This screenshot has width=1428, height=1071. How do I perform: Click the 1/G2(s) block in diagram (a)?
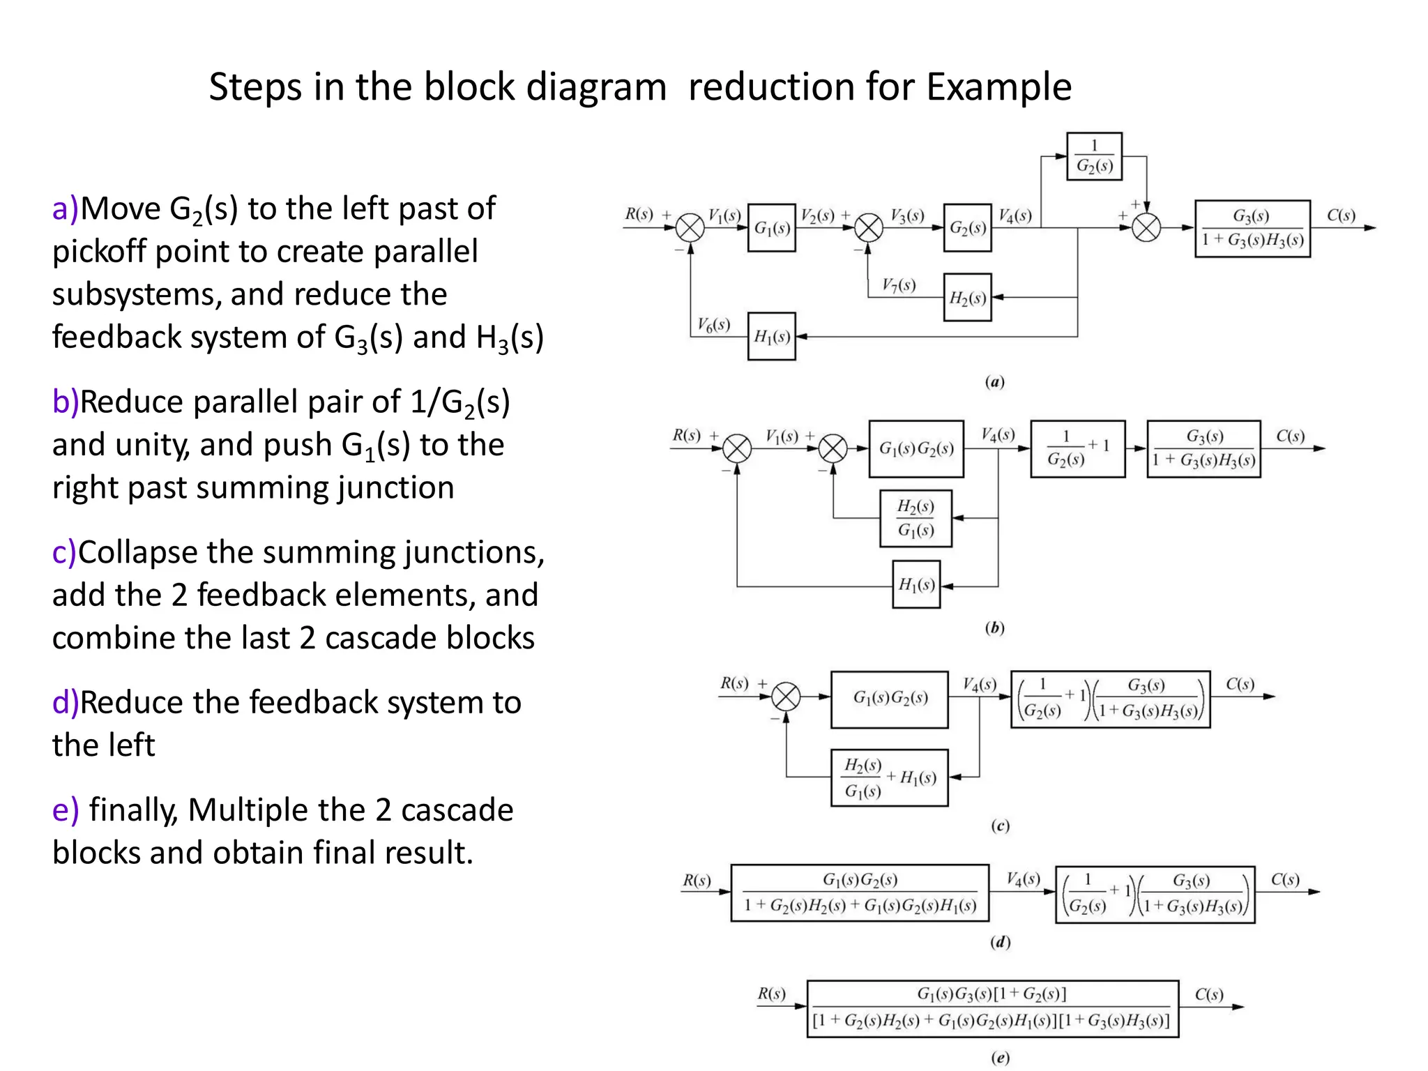coord(1094,156)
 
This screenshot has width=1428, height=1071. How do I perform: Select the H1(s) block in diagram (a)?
coord(771,336)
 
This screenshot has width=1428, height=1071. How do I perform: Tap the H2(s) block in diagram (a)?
coord(967,297)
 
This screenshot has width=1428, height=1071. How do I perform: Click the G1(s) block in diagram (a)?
coord(771,227)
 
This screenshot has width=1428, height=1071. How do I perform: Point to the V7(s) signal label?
coord(898,284)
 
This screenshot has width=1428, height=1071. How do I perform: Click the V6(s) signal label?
coord(713,324)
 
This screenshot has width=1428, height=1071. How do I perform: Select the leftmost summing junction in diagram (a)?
coord(690,227)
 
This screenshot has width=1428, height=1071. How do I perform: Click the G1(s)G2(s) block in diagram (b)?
coord(916,448)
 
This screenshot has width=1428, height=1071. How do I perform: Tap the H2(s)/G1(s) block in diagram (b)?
coord(916,518)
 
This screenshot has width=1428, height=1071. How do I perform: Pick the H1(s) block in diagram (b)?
coord(916,584)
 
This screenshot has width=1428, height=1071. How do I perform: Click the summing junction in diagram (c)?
coord(786,697)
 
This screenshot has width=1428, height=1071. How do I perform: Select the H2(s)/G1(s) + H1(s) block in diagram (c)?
coord(889,777)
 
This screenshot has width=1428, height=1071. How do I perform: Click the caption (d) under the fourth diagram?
coord(1000,942)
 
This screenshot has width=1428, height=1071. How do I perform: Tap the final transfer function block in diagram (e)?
coord(992,1008)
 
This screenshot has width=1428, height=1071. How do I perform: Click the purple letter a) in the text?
coord(66,208)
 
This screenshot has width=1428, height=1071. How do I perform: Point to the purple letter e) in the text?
coord(66,810)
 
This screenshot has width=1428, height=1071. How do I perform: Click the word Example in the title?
coord(998,87)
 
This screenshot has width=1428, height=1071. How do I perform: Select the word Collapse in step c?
coord(137,553)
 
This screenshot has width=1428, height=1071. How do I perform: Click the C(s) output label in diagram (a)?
coord(1340,215)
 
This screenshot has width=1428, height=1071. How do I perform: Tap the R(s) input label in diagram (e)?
coord(771,993)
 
